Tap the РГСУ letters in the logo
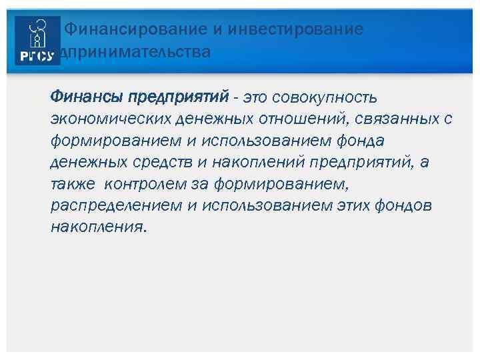pos(37,57)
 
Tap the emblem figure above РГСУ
pos(37,33)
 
